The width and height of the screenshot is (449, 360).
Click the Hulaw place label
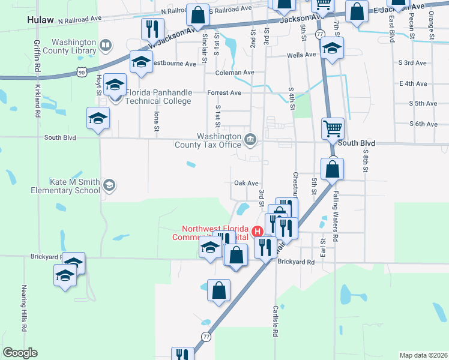tap(41, 19)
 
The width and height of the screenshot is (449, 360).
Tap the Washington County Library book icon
tap(106, 45)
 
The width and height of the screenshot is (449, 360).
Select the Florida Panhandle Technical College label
tap(158, 97)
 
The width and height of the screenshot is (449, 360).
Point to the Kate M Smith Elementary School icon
tap(109, 185)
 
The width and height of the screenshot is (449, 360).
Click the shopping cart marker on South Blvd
tap(332, 128)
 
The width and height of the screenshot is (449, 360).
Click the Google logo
tap(20, 353)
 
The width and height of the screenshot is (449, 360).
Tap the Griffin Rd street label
tap(37, 57)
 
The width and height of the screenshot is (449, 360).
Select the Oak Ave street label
tap(246, 183)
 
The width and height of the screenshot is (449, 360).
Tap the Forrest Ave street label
tap(224, 93)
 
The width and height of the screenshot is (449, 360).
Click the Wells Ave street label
tap(301, 55)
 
